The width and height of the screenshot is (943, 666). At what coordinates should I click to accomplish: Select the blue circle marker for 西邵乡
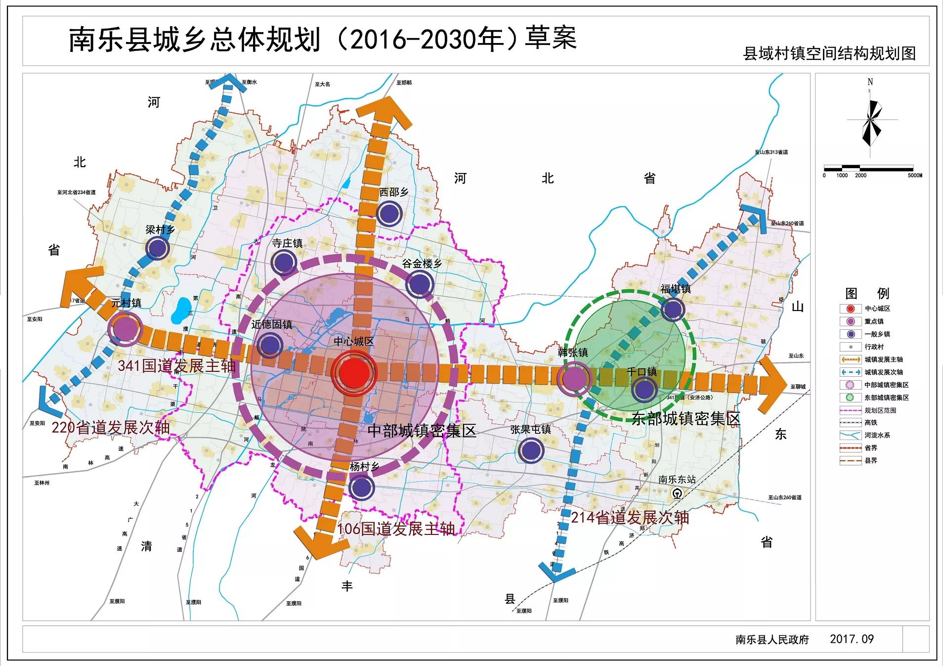click(x=389, y=214)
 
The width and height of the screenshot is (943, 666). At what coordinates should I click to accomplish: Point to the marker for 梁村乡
click(x=158, y=248)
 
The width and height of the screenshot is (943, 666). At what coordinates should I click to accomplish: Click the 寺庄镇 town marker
click(x=284, y=262)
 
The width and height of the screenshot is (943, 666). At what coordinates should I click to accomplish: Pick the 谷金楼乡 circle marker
click(x=420, y=284)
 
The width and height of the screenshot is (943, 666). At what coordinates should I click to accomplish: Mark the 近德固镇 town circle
click(x=270, y=345)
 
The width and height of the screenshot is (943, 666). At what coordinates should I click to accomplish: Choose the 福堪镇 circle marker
click(x=673, y=310)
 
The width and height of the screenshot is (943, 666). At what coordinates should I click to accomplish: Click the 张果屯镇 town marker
click(x=531, y=450)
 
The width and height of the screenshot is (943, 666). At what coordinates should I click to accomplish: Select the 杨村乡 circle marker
click(x=361, y=487)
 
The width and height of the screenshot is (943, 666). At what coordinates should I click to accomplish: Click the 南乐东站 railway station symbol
click(x=677, y=493)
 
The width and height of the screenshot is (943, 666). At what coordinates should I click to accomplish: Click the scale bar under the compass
click(x=868, y=168)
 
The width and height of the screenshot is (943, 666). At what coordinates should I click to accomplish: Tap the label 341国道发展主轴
click(x=177, y=366)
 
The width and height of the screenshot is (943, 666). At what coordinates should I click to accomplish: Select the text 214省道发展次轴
click(x=630, y=518)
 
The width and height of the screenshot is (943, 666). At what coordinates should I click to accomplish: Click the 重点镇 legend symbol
click(x=850, y=321)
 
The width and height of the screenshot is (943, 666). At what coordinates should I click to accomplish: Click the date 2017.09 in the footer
click(x=852, y=639)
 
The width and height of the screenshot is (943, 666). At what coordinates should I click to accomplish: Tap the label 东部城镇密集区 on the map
click(x=686, y=419)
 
